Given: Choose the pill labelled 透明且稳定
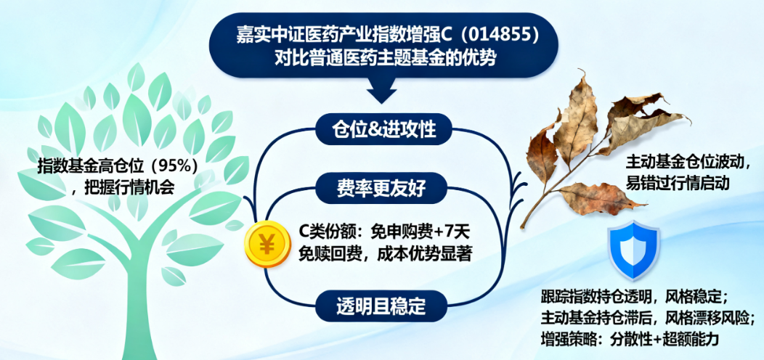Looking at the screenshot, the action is (x=381, y=306).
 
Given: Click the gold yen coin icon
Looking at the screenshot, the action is (x=267, y=244).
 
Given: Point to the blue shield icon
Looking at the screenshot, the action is (x=633, y=250).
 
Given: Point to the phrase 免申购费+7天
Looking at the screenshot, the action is (x=415, y=230).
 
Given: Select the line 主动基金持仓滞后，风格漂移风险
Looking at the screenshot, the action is (x=648, y=317).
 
